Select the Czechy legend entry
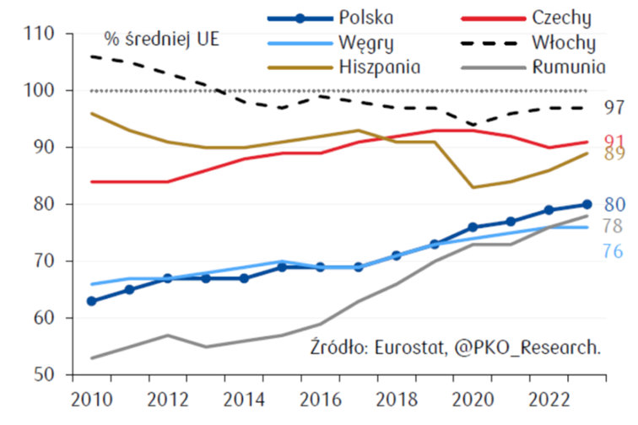point(562,17)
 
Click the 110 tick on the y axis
point(41,34)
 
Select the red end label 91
point(612,141)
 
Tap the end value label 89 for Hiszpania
point(612,154)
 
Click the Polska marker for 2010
point(91,301)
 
